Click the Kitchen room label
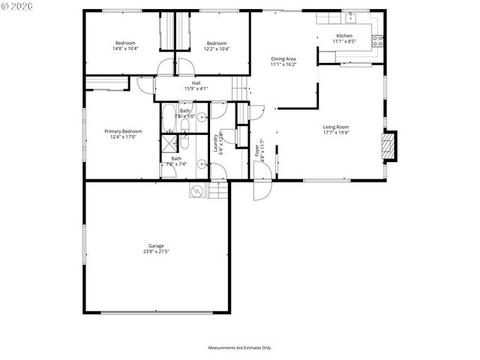coord(344,36)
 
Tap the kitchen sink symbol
coord(350,17)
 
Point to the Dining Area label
coord(283,58)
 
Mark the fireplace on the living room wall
coord(388,147)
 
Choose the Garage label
coord(156,245)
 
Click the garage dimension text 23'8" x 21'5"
coord(156,251)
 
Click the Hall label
coord(196,82)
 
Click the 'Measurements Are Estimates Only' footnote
coord(240,348)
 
